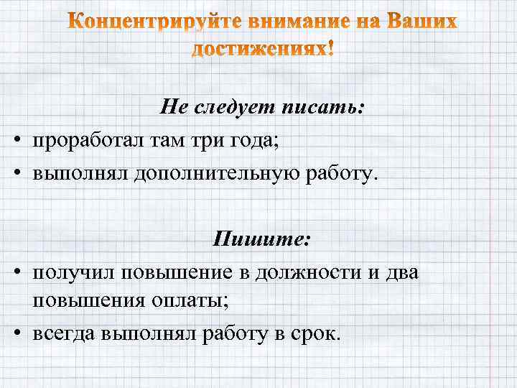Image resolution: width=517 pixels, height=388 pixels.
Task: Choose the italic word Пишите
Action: point(261,239)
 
